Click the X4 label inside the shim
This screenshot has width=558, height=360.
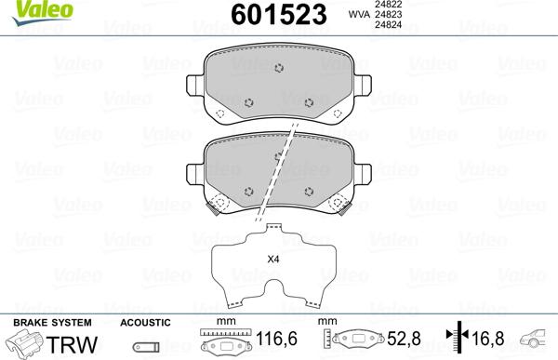272,259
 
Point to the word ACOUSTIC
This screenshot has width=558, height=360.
145,322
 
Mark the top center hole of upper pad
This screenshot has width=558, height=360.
281,66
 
